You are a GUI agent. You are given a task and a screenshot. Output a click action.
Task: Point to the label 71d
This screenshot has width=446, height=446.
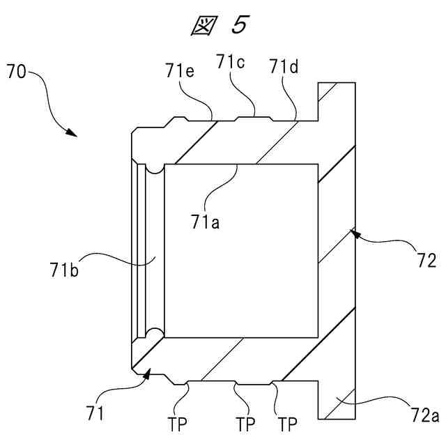coord(283,67)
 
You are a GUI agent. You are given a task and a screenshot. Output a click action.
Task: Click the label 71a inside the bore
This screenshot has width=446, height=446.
coord(203,222)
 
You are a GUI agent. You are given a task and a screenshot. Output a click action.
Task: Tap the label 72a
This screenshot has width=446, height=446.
coord(424,416)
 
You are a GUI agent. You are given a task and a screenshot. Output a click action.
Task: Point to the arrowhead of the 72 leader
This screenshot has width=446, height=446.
coord(355,233)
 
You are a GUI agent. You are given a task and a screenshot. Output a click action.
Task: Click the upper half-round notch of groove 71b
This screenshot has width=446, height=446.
coord(154,169)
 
